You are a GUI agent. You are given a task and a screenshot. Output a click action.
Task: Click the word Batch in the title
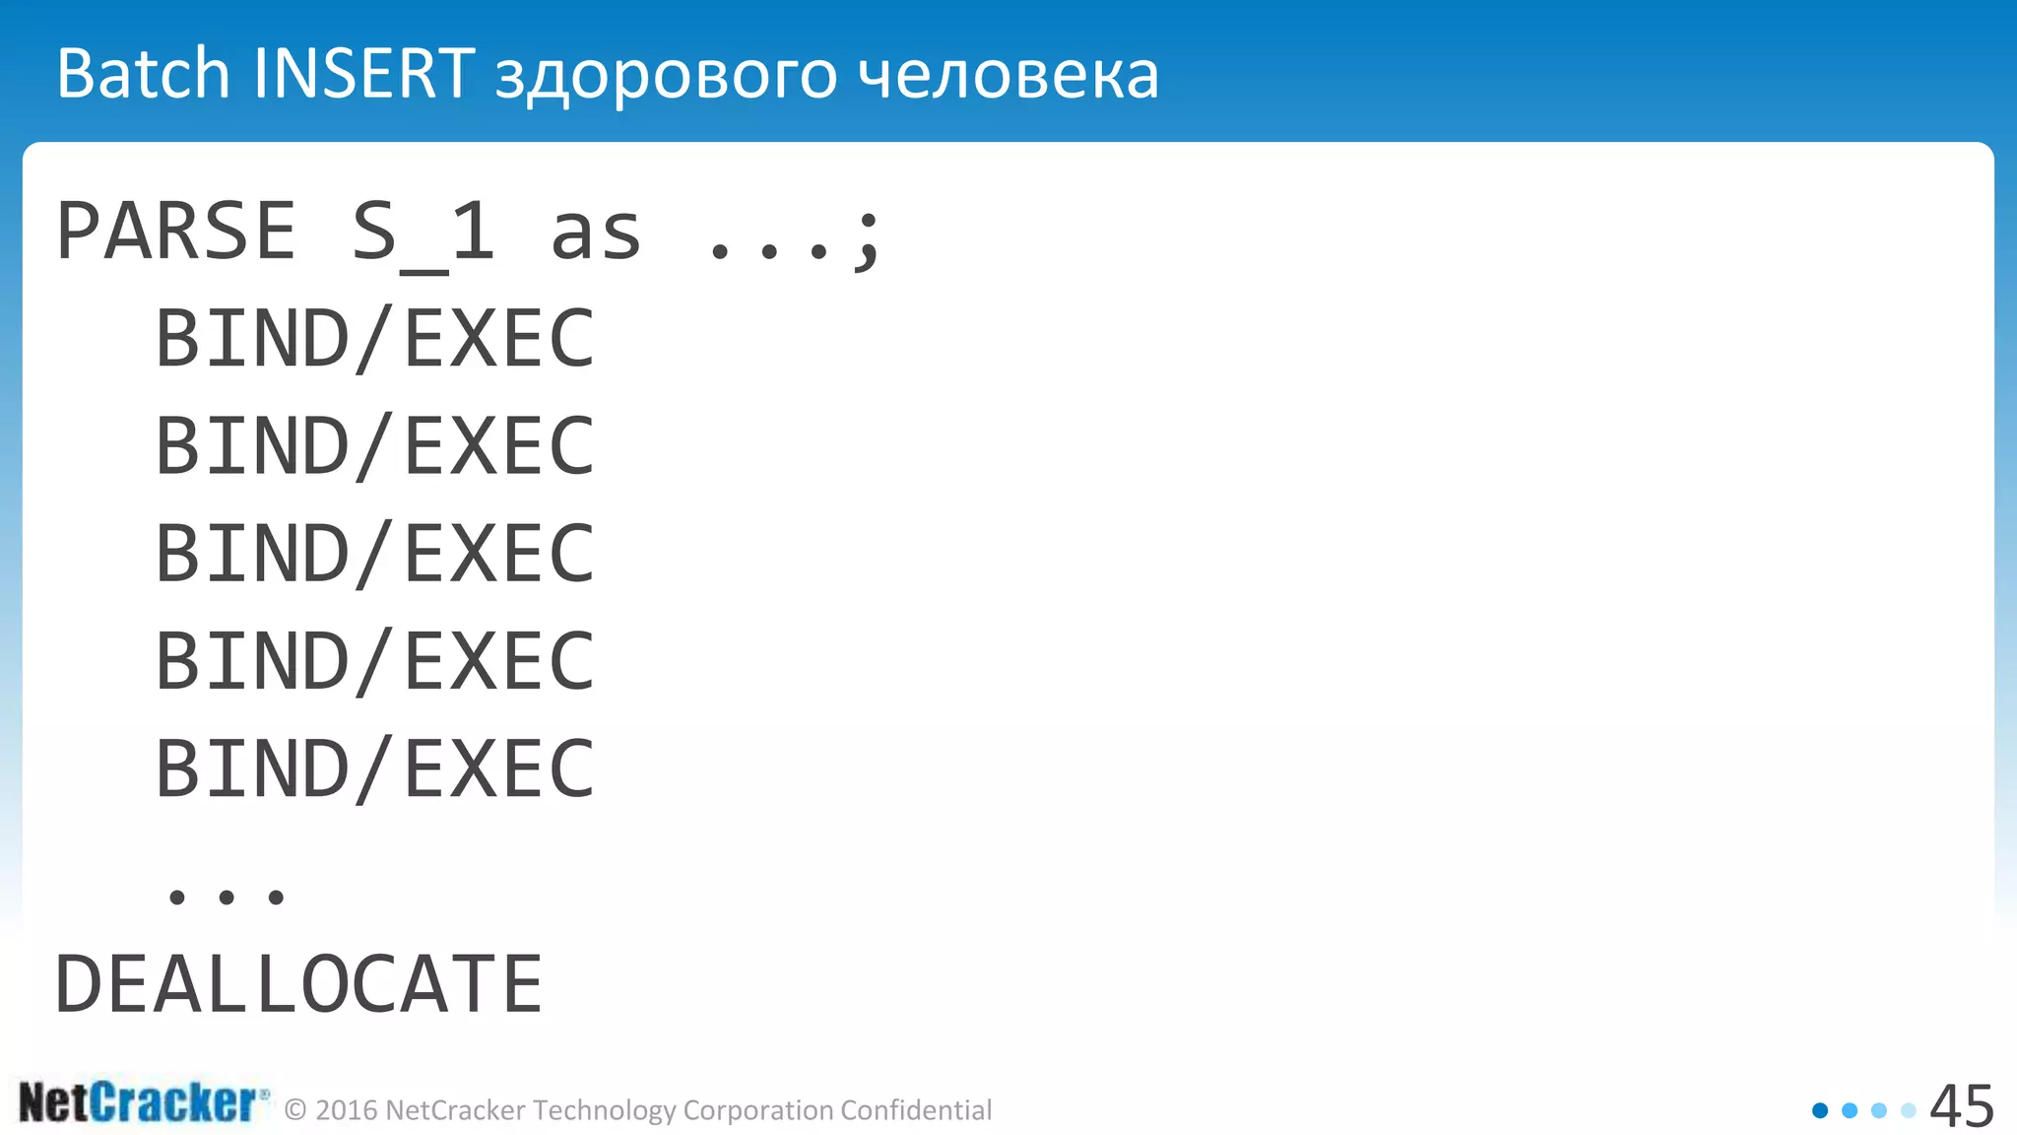pyautogui.click(x=143, y=74)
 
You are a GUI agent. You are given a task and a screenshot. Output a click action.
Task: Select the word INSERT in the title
pyautogui.click(x=363, y=74)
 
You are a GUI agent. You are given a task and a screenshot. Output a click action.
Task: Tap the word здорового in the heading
pyautogui.click(x=666, y=77)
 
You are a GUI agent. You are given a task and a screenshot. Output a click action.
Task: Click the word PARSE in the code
pyautogui.click(x=176, y=233)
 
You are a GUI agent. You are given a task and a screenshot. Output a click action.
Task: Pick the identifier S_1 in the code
pyautogui.click(x=423, y=234)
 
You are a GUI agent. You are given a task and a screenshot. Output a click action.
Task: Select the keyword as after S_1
pyautogui.click(x=596, y=234)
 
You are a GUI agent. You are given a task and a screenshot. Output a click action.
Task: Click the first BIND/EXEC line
pyautogui.click(x=375, y=339)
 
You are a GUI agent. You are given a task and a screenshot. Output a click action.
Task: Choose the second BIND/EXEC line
pyautogui.click(x=375, y=446)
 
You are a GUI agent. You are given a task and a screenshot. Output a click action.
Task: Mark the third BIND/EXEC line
pyautogui.click(x=375, y=554)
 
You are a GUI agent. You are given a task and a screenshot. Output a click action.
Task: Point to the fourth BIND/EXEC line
pyautogui.click(x=375, y=661)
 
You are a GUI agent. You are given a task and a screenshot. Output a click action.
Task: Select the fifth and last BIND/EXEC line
pyautogui.click(x=375, y=768)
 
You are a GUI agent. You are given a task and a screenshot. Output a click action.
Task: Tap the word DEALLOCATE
pyautogui.click(x=298, y=984)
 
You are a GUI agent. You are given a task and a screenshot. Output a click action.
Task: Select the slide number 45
pyautogui.click(x=1961, y=1106)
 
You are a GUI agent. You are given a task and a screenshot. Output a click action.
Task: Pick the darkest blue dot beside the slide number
pyautogui.click(x=1820, y=1110)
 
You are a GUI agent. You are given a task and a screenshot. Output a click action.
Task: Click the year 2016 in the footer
pyautogui.click(x=347, y=1110)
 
